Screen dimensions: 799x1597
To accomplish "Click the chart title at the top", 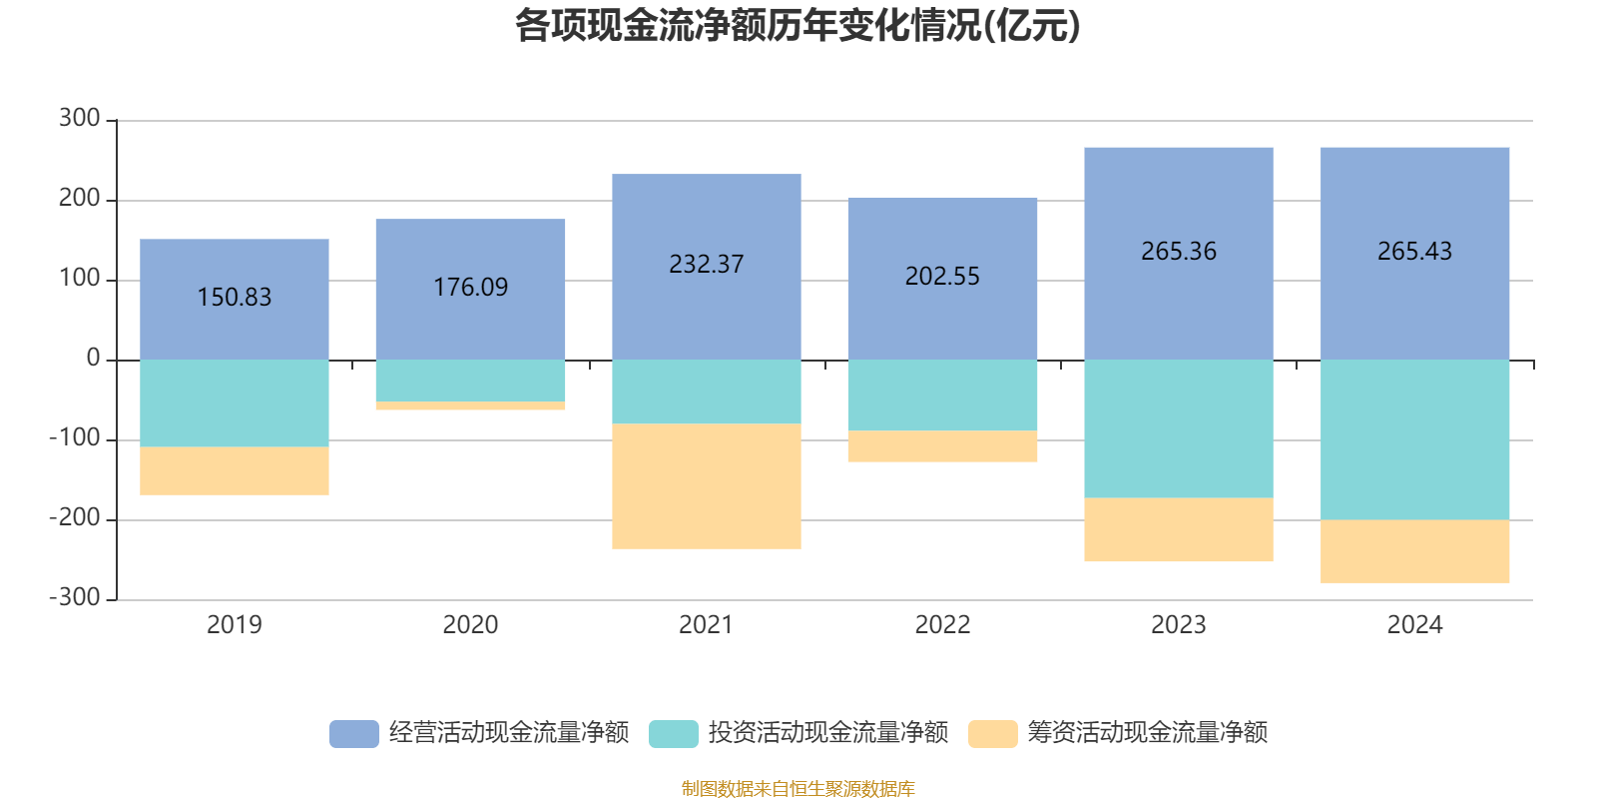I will coord(798,26).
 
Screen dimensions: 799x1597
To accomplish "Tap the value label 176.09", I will coord(470,288).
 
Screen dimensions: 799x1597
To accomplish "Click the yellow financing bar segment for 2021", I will coord(707,486).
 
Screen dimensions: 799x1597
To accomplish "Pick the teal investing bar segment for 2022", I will coord(942,396).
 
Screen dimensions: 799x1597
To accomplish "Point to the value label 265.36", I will coord(1179,252).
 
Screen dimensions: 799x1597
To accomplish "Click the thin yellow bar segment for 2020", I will coord(470,405).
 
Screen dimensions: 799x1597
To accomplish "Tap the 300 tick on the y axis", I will coord(80,119).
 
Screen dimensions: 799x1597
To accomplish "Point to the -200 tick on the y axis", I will coord(76,518).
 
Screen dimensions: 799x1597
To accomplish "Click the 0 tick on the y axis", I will coord(94,359).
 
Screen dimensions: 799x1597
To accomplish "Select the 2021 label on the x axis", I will coord(706,625).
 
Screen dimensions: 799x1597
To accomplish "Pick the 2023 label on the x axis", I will coord(1178,625).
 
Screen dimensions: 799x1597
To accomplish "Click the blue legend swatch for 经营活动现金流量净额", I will coord(354,733).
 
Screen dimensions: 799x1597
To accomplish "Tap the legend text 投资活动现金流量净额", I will coord(827,733).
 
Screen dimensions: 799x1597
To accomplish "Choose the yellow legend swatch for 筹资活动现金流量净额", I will coord(993,733).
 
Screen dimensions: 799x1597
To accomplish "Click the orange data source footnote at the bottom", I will coord(798,789).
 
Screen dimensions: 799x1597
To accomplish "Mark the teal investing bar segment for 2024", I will coord(1414,439).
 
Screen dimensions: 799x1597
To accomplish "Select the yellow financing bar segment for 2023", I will coord(1179,529).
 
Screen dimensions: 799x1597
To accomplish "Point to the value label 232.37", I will coord(707,265).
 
